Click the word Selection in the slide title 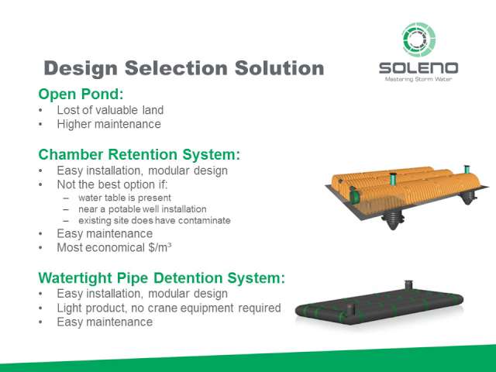coord(177,68)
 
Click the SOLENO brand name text coord(418,68)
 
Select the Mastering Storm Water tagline coord(418,79)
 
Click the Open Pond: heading coord(81,95)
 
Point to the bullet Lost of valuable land coord(110,110)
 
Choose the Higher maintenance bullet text coord(108,124)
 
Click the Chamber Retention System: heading coord(139,155)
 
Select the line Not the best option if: coord(112,184)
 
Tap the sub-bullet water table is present coord(125,198)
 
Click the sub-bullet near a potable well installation coord(143,209)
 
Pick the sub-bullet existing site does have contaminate coord(154,220)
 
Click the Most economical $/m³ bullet coord(114,247)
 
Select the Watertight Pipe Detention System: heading coord(162,278)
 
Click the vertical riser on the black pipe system coord(408,285)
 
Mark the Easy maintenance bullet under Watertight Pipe coord(105,322)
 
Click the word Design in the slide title coord(81,69)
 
